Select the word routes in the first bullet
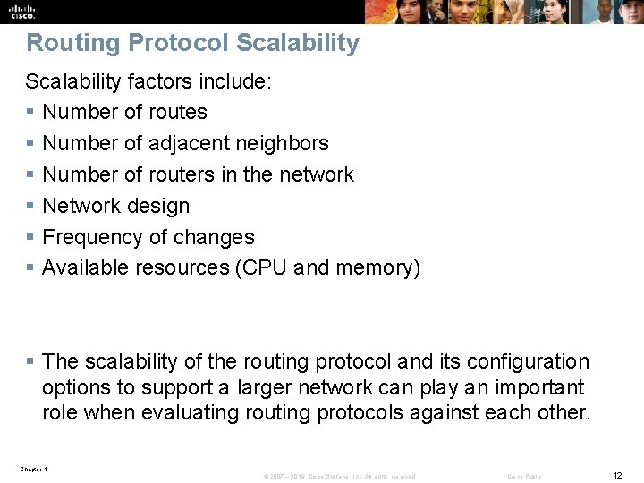pos(177,112)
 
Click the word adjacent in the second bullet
pos(190,143)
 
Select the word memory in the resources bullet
pos(377,267)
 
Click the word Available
pos(86,267)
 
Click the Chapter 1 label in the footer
pos(33,469)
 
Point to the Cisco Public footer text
pos(524,476)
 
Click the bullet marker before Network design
pos(30,206)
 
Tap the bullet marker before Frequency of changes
pos(30,237)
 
